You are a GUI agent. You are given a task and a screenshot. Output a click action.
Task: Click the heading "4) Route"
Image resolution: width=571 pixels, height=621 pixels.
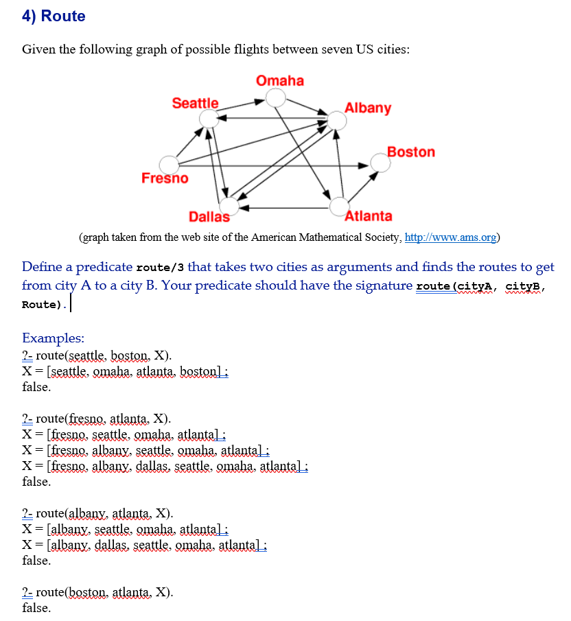54,16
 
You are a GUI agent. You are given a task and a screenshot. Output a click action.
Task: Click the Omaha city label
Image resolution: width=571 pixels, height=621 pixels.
280,81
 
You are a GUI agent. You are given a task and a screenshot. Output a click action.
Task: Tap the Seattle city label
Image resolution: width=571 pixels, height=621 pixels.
195,104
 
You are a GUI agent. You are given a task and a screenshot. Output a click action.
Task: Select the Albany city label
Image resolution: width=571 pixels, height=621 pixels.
368,108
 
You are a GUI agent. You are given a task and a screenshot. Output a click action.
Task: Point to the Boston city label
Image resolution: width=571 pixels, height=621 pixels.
410,152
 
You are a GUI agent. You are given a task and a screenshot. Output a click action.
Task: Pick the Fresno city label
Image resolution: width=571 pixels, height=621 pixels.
165,178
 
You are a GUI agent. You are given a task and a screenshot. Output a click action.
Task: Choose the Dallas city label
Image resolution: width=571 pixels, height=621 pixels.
209,217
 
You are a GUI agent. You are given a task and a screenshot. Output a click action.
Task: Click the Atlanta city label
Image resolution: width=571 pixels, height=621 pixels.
369,216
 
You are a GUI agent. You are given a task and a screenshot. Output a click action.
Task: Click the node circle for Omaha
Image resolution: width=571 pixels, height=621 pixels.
276,98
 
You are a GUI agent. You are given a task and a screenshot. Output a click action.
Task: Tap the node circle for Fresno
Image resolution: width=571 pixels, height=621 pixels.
169,165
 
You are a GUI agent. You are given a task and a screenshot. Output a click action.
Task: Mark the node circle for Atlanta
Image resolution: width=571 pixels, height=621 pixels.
340,205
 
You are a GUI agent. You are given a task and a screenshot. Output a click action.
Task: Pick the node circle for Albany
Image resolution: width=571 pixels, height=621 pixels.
337,121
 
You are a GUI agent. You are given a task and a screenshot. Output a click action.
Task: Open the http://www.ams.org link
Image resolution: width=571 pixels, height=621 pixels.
451,238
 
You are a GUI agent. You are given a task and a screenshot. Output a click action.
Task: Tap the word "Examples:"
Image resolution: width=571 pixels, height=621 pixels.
54,338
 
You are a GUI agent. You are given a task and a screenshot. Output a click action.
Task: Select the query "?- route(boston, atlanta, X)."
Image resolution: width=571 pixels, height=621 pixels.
97,591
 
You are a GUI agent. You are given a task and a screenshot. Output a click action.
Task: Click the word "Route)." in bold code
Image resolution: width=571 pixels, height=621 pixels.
45,304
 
